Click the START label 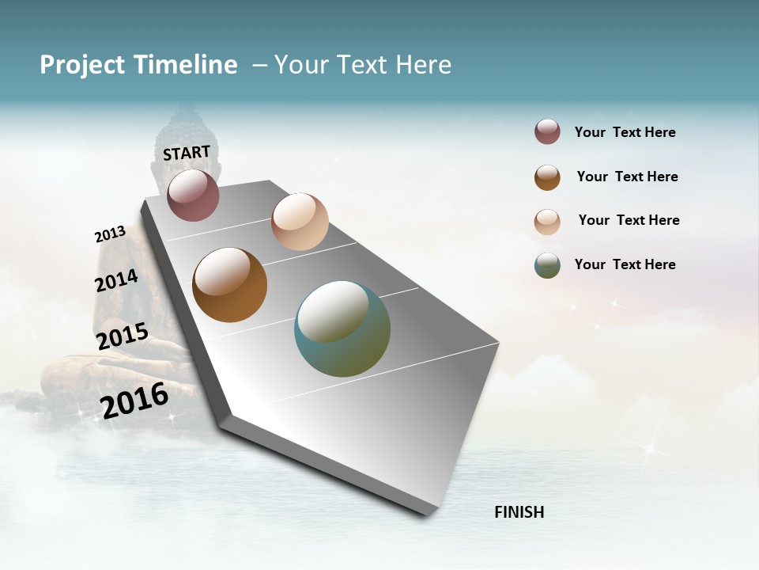coord(187,152)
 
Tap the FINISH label coord(519,512)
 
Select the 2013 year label coord(110,234)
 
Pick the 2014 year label coord(116,280)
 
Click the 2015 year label coord(123,336)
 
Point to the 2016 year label coord(134,400)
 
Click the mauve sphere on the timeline coord(193,195)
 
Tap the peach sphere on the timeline coord(300,222)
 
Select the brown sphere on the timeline coord(229,285)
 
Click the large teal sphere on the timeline coord(342,329)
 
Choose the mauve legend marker coord(547,132)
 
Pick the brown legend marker coord(547,177)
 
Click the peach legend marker coord(547,222)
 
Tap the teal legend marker coord(547,265)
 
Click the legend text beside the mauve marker coord(625,132)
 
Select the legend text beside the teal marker coord(625,264)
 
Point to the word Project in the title coord(83,65)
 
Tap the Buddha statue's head coord(183,135)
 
